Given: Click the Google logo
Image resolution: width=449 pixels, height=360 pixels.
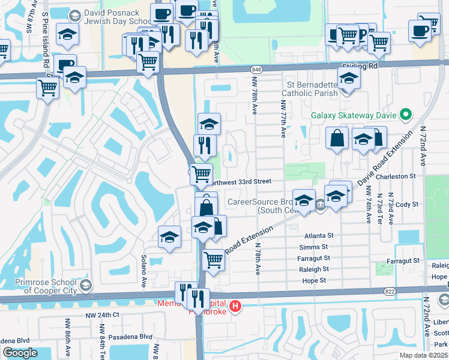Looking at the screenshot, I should [x=20, y=353].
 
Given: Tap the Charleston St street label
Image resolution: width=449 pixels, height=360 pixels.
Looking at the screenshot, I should [x=396, y=176].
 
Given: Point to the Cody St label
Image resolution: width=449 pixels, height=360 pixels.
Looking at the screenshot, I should [x=406, y=205].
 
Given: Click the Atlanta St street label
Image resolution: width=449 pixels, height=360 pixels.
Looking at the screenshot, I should [x=318, y=236].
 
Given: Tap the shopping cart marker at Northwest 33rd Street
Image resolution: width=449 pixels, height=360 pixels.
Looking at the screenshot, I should [x=201, y=174].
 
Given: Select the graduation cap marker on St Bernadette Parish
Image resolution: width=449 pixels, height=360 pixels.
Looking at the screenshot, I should [x=348, y=78].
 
